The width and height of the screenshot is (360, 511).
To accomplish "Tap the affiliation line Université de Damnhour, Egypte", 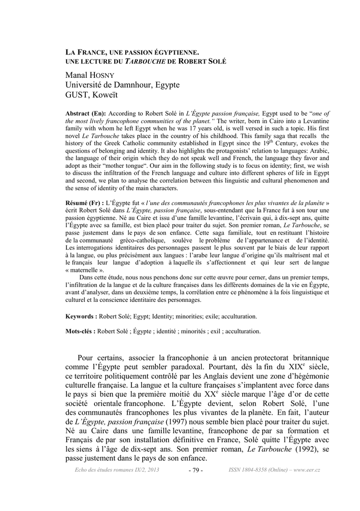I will (x=122, y=85).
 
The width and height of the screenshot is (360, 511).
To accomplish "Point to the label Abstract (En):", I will (x=86, y=114).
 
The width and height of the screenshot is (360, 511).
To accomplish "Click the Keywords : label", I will (x=82, y=316).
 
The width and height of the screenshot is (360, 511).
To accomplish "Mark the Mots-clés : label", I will (x=81, y=331).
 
